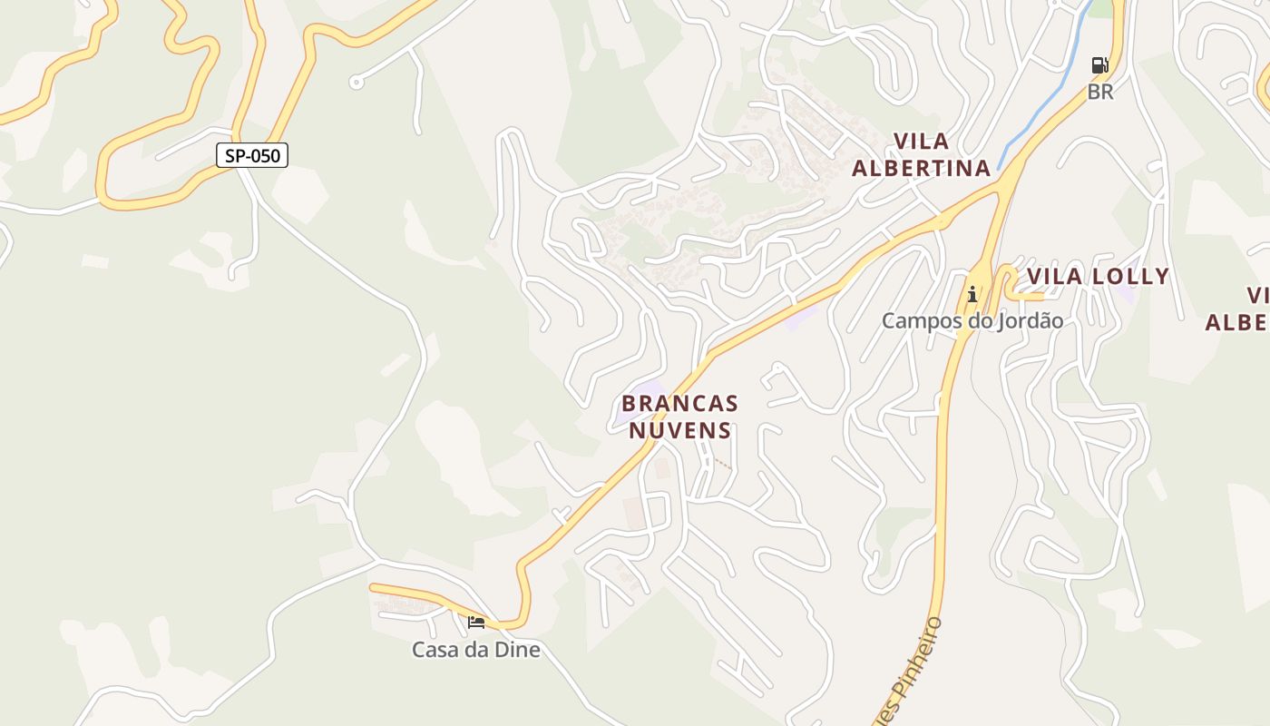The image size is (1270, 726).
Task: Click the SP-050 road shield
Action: coord(252,155)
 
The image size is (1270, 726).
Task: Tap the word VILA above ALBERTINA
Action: coord(922,142)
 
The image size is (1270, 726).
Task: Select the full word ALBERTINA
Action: coord(921,168)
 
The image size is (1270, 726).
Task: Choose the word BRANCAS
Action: coord(680,403)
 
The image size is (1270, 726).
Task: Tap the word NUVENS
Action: coord(680,430)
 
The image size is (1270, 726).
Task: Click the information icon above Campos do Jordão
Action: coord(972,294)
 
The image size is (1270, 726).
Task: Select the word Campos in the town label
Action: coord(918,321)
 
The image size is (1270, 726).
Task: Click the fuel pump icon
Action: coord(1099,65)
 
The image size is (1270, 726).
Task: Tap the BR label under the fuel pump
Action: coord(1100,92)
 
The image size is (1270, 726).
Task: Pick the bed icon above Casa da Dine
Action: coord(476,623)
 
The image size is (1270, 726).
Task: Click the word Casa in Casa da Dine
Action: coord(434,650)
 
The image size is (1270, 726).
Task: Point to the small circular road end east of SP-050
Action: coord(357,83)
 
